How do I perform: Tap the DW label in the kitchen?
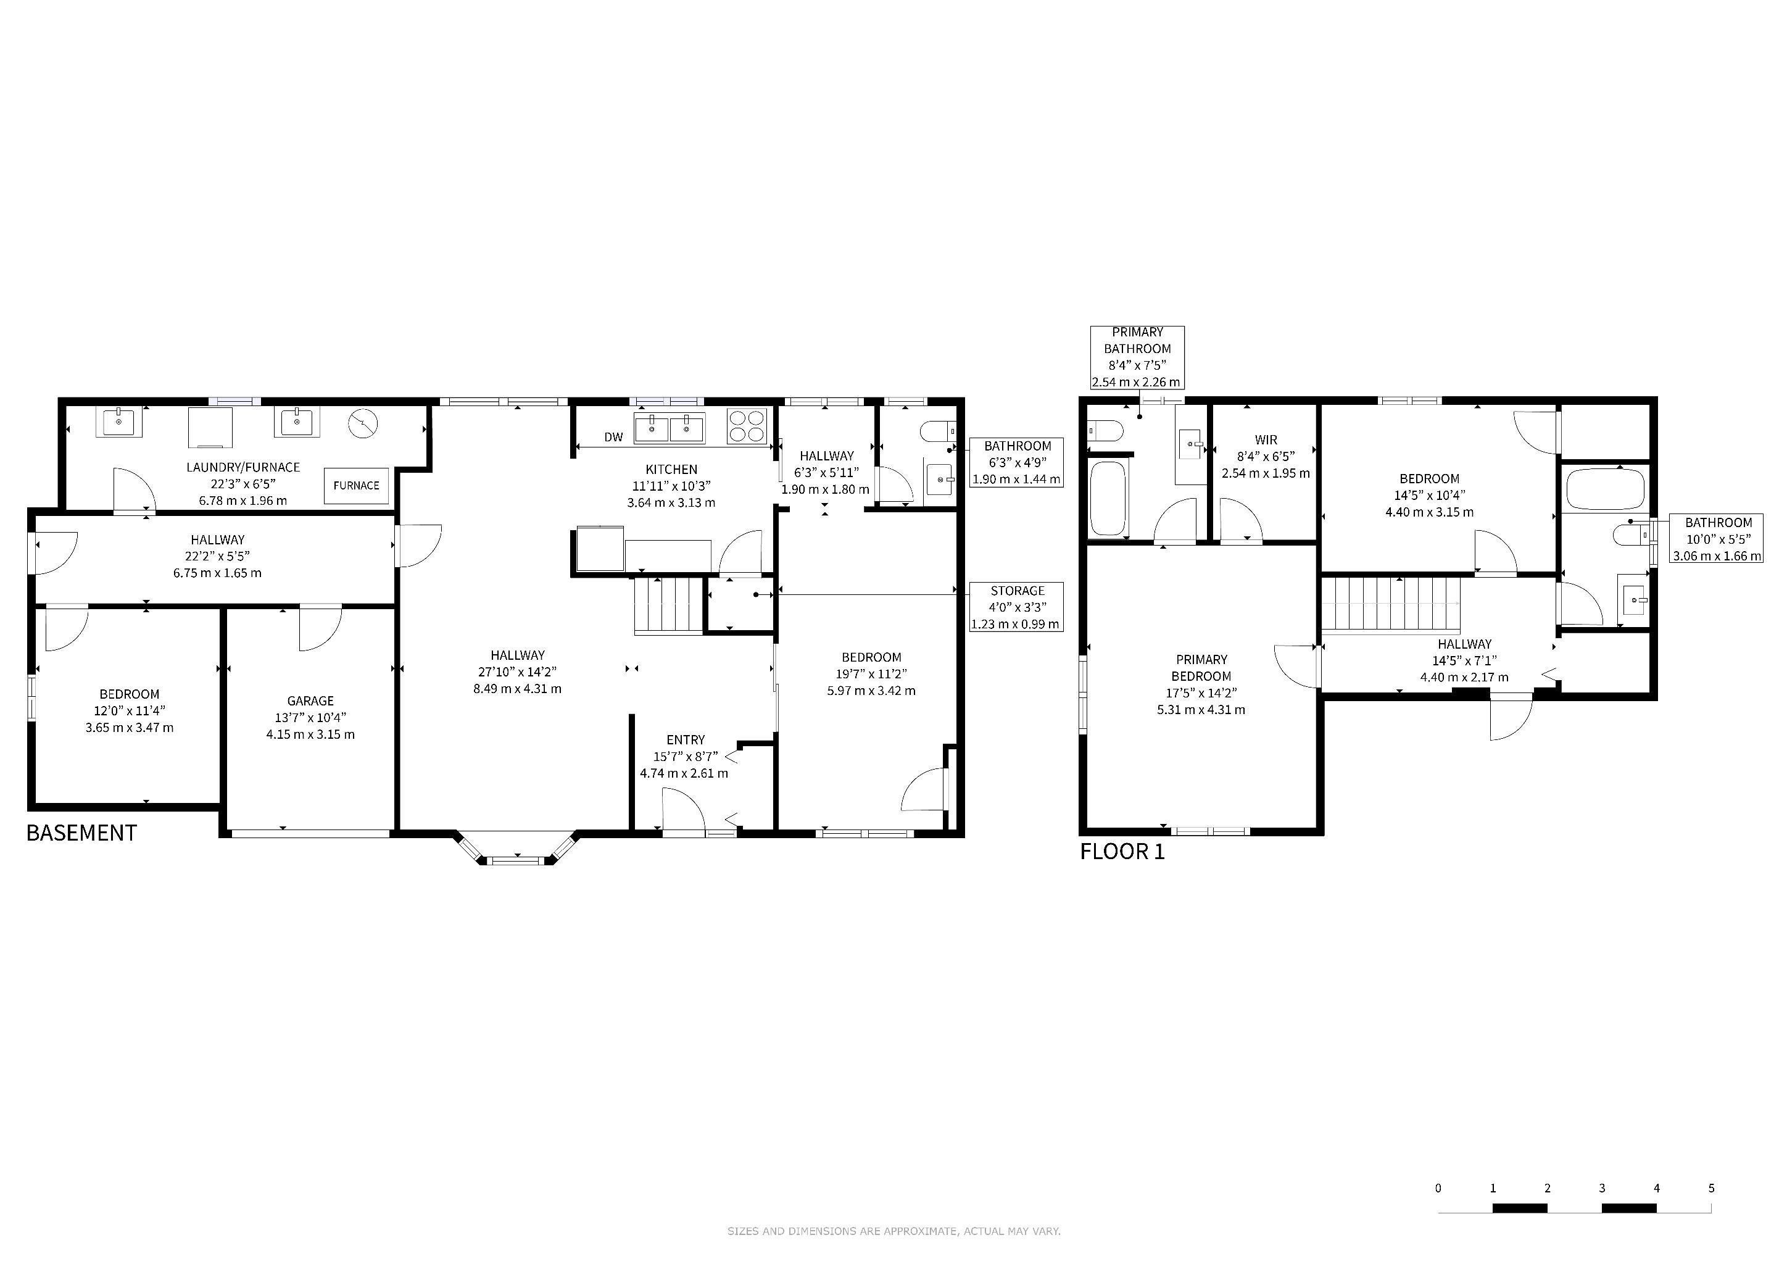pyautogui.click(x=613, y=438)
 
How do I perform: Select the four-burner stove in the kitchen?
pyautogui.click(x=747, y=426)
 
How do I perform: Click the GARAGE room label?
pyautogui.click(x=310, y=701)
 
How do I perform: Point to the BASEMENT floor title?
pyautogui.click(x=81, y=833)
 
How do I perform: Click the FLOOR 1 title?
pyautogui.click(x=1122, y=852)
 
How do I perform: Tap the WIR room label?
pyautogui.click(x=1266, y=440)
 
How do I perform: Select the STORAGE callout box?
pyautogui.click(x=1016, y=607)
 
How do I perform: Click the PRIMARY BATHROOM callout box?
pyautogui.click(x=1137, y=357)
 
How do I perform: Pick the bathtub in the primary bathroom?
pyautogui.click(x=1108, y=499)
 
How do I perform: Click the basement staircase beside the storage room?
pyautogui.click(x=668, y=605)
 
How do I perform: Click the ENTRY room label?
pyautogui.click(x=685, y=740)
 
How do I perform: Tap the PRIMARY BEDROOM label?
pyautogui.click(x=1201, y=668)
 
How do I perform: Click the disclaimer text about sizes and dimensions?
pyautogui.click(x=894, y=1231)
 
